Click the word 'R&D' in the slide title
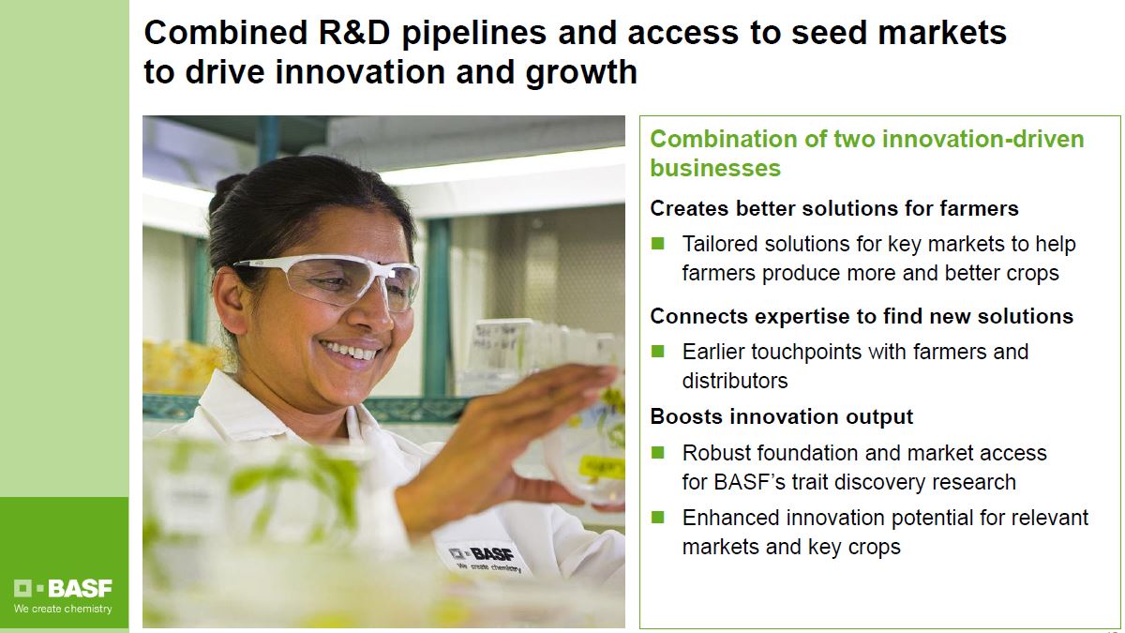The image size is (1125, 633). tap(354, 33)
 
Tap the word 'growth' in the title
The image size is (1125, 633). tap(581, 73)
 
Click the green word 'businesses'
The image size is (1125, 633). tap(715, 168)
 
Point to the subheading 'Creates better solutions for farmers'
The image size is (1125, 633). tap(833, 208)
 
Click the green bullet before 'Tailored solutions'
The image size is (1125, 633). tap(657, 244)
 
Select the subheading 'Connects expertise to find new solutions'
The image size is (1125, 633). tap(862, 317)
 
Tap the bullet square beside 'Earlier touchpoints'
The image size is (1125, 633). tap(657, 351)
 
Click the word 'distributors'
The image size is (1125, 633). tap(735, 381)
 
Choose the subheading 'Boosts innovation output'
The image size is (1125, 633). tap(781, 417)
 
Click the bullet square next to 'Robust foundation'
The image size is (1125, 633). tap(657, 453)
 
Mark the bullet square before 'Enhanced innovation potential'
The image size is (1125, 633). tap(657, 517)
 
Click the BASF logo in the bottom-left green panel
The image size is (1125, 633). tap(63, 588)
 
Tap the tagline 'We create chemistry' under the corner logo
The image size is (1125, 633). tap(63, 609)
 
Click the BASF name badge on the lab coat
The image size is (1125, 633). tap(485, 558)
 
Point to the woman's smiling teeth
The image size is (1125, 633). tap(350, 350)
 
